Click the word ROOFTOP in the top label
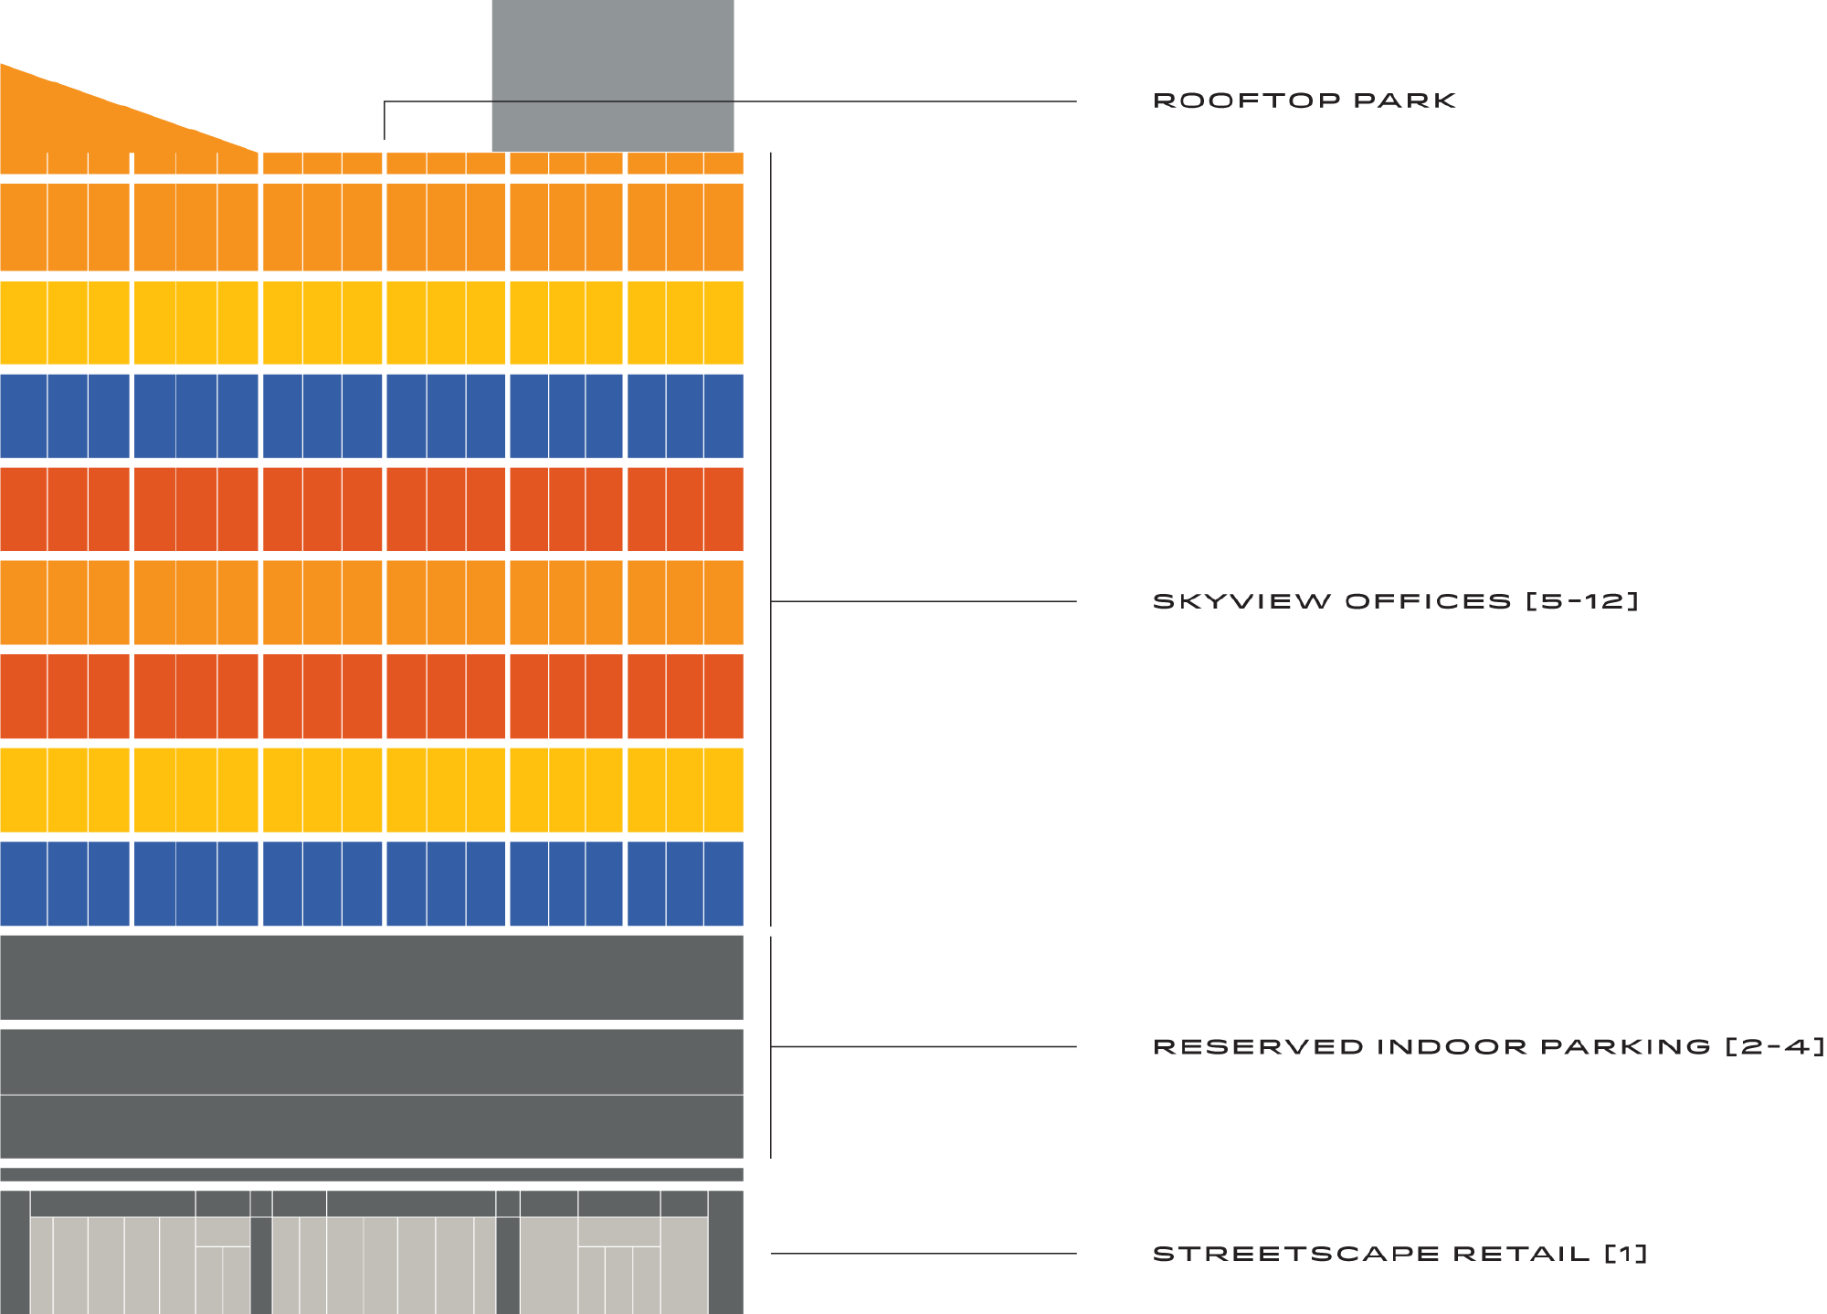click(1246, 101)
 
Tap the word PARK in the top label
click(1404, 101)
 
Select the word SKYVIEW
click(1241, 601)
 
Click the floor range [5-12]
click(1582, 601)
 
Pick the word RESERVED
click(1258, 1046)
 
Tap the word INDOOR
click(1451, 1046)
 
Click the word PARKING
click(1625, 1046)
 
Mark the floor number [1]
click(1626, 1254)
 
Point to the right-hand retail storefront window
click(614, 1266)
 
